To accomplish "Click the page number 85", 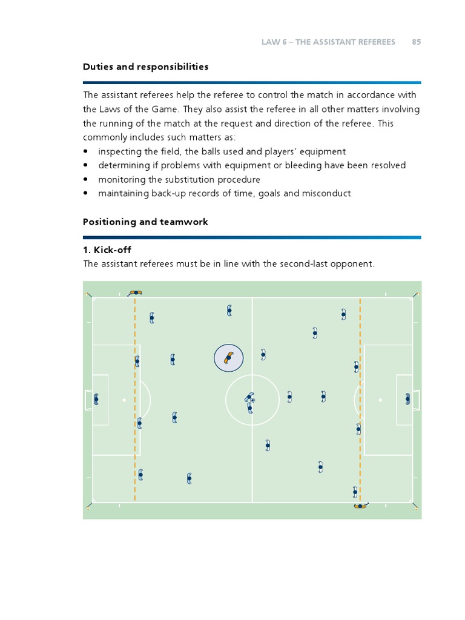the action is (x=416, y=42).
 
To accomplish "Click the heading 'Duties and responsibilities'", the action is (x=145, y=67).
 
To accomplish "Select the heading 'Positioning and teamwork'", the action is (x=145, y=222).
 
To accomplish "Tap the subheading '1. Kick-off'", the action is (x=107, y=249).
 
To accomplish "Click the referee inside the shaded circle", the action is (x=228, y=357).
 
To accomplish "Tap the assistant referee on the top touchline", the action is (x=136, y=292).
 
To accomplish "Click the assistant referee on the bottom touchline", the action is (x=361, y=506).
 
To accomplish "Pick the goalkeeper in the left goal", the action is (x=96, y=400).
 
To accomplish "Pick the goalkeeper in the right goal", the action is (x=408, y=399).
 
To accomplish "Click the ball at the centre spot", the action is (x=253, y=400).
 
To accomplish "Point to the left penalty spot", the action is (x=124, y=400).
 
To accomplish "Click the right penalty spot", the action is (x=380, y=400).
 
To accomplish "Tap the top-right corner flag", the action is (x=418, y=294).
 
